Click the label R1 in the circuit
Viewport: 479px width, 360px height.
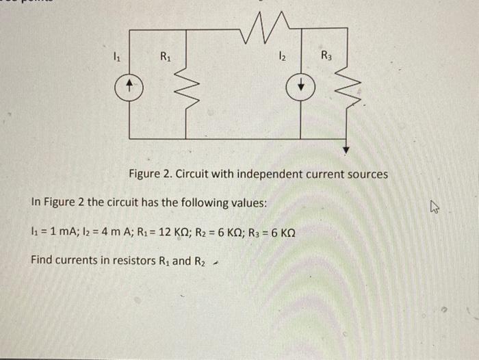pos(166,57)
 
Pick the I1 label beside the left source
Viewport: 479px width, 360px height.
pos(117,57)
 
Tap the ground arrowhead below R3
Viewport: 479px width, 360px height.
pos(348,149)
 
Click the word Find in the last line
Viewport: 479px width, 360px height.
pos(42,261)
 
